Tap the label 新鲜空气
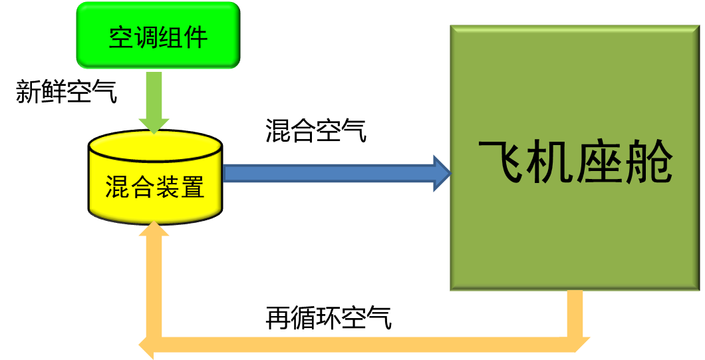(x=66, y=92)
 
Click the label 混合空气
(x=315, y=130)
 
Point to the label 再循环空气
(x=329, y=317)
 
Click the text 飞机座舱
(x=575, y=162)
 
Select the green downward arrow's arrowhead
(x=154, y=124)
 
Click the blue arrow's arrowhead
(x=442, y=174)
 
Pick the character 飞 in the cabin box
(x=501, y=162)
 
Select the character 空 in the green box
(x=121, y=37)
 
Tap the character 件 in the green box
(x=195, y=37)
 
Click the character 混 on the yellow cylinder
(x=117, y=187)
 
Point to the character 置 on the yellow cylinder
(x=192, y=187)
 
